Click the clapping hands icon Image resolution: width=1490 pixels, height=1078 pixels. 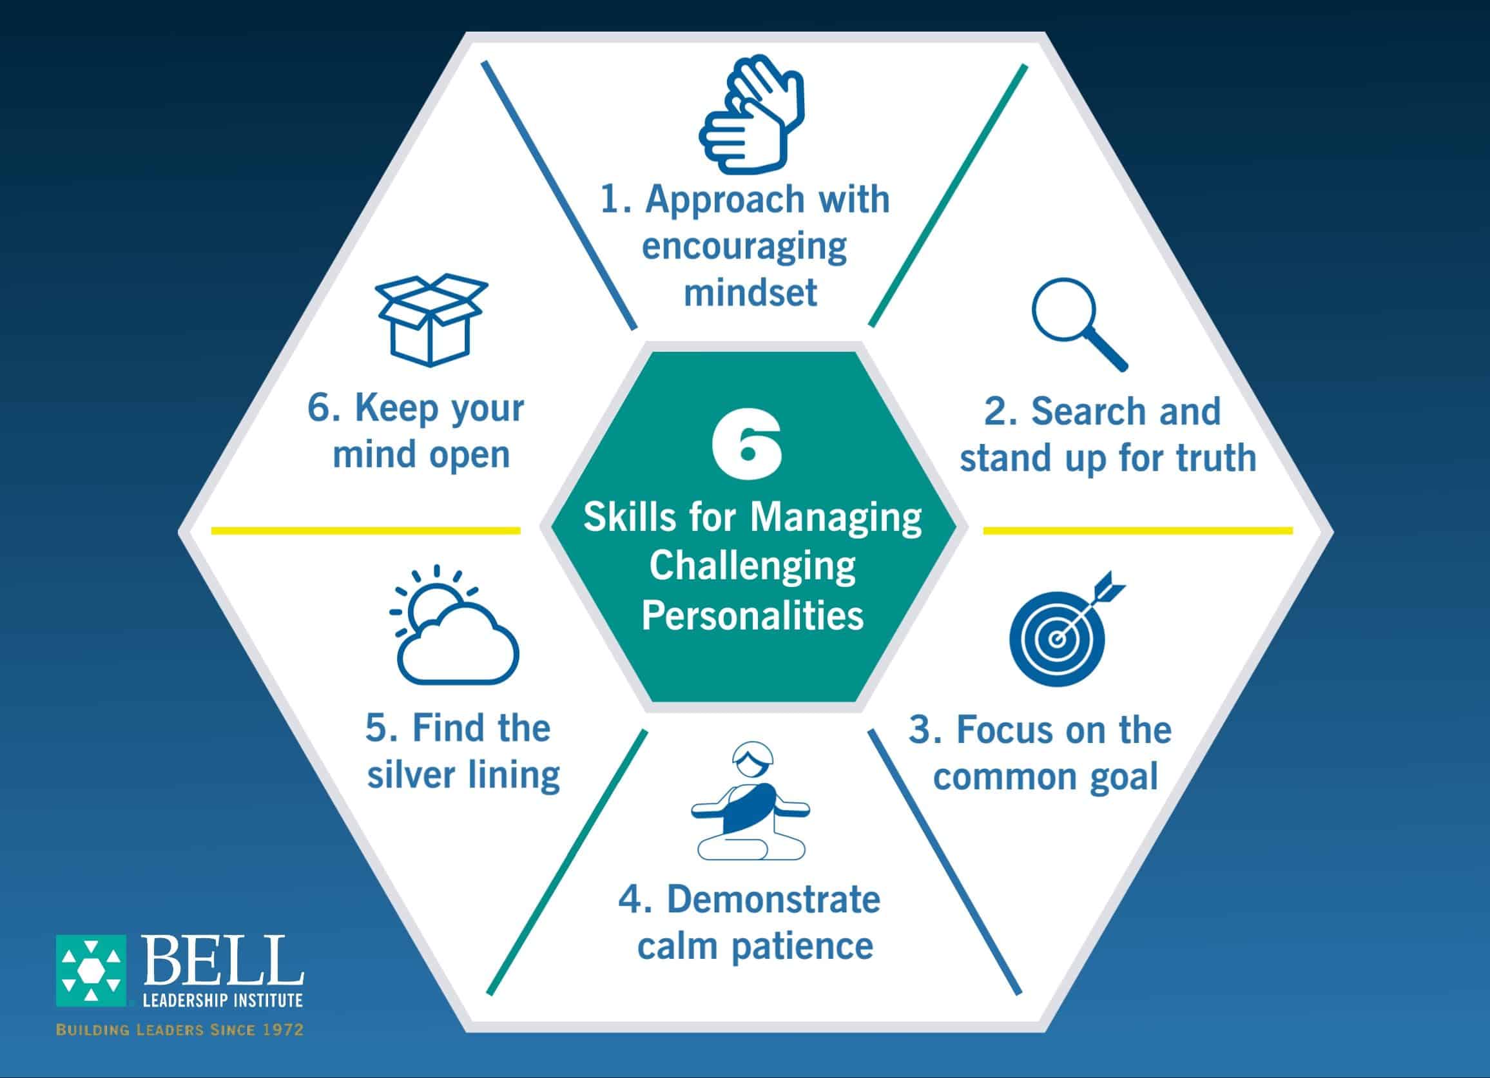(751, 115)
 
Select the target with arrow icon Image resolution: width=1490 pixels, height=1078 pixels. (1065, 628)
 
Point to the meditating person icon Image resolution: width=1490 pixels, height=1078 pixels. (750, 801)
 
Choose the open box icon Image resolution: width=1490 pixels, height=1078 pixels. (431, 320)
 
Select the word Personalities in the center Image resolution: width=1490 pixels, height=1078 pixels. (752, 615)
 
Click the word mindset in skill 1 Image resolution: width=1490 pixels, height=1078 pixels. (750, 293)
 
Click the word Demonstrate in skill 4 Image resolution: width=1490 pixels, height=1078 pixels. (773, 900)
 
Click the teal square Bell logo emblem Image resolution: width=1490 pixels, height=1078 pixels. (91, 970)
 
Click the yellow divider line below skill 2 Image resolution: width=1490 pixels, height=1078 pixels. (1138, 530)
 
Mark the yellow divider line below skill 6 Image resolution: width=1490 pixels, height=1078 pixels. (366, 530)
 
